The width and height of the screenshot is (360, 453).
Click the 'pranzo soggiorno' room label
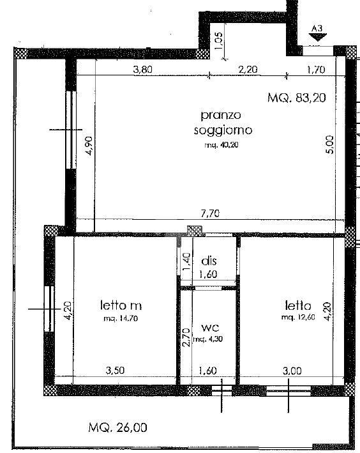pos(223,123)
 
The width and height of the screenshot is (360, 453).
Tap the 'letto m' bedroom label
pos(121,305)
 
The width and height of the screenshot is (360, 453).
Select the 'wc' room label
pos(210,328)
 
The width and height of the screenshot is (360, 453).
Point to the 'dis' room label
pos(209,261)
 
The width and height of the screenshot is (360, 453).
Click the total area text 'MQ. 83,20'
pos(296,98)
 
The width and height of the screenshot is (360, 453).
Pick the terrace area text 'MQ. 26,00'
pos(117,427)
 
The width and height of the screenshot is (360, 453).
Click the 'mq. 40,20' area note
pos(221,145)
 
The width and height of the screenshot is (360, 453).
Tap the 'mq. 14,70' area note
pos(121,319)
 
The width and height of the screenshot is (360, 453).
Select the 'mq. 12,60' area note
pos(298,317)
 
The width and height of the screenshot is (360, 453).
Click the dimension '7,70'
pos(210,213)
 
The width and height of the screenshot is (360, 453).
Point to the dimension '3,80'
pos(142,70)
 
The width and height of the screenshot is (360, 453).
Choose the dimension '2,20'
pos(248,70)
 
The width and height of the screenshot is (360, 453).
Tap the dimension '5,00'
pos(330,144)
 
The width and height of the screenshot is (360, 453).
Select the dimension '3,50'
pos(115,371)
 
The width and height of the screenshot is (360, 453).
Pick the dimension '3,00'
pos(292,371)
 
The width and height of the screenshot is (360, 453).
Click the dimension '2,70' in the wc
pos(186,337)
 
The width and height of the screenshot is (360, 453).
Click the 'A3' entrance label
pos(317,29)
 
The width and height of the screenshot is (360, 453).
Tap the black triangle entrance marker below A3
pos(317,36)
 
